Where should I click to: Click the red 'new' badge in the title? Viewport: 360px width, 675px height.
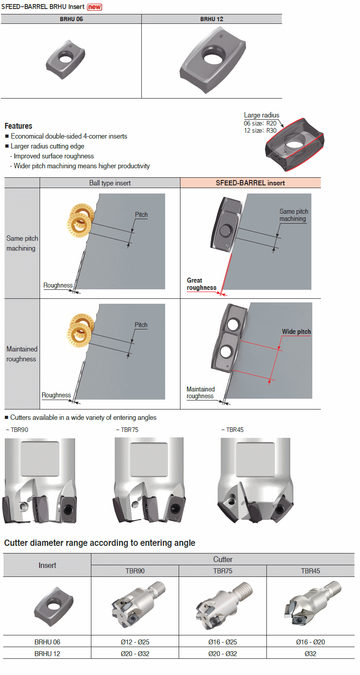94,7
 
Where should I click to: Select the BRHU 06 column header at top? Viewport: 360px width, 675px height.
71,19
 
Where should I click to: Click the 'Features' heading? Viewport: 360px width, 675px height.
18,126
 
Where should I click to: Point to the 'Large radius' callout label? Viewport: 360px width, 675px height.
261,115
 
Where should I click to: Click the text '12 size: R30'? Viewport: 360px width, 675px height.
260,130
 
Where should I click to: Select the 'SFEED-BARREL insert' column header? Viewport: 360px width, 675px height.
250,183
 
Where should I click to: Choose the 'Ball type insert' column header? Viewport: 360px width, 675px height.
110,183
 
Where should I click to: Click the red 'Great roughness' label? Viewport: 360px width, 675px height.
201,284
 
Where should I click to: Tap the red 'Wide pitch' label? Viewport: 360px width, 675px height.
296,332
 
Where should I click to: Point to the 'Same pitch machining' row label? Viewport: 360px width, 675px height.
22,243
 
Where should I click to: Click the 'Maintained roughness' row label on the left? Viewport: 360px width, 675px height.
22,354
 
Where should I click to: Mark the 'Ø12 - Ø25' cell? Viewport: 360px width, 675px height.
135,642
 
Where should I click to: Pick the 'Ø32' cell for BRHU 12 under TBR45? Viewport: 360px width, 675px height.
310,653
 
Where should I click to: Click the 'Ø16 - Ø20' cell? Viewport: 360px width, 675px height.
310,642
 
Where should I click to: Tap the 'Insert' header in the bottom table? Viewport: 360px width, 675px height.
47,565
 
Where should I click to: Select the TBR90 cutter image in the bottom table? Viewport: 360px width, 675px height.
135,605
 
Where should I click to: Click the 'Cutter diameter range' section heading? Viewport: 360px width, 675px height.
99,543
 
